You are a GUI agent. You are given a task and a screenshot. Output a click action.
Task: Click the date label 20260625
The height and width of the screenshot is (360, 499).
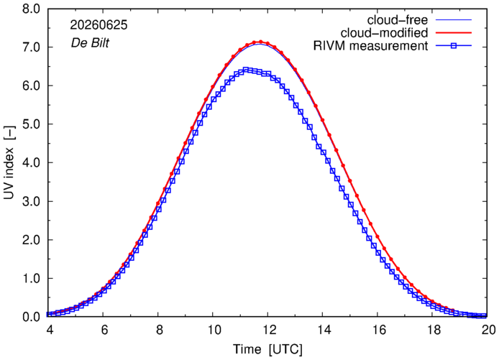99,25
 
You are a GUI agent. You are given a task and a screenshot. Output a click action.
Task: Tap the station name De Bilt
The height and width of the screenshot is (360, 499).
90,42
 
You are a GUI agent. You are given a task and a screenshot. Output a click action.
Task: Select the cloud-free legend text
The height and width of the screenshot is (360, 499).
398,20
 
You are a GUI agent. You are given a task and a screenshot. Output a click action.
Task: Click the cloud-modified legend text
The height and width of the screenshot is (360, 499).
384,33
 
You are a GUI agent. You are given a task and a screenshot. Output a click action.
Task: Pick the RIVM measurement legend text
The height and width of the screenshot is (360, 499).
371,46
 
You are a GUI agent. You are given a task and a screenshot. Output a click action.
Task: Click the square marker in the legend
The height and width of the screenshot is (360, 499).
454,46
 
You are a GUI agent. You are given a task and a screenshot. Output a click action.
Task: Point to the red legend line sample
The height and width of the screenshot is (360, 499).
454,33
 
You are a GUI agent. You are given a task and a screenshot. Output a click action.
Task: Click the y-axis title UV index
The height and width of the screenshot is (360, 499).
9,164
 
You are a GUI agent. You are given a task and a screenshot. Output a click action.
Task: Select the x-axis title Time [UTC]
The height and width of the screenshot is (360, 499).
268,349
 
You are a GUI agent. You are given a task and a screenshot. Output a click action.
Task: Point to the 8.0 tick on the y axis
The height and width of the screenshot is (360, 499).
31,9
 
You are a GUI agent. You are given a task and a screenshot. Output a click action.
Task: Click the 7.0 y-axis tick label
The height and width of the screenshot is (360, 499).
31,47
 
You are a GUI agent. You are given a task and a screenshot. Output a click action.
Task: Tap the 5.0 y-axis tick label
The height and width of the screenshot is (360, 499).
31,124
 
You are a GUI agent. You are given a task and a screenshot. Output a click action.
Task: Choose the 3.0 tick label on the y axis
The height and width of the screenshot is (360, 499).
31,202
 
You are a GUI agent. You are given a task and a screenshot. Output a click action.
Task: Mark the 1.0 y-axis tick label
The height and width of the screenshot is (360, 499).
31,279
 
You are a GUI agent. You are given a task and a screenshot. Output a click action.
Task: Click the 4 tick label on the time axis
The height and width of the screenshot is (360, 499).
50,330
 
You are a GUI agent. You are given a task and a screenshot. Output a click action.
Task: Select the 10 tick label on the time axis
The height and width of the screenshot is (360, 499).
214,330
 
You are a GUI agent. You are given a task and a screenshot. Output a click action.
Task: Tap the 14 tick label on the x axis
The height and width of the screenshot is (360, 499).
324,330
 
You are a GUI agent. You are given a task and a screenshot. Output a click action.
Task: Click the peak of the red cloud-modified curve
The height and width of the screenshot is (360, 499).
260,42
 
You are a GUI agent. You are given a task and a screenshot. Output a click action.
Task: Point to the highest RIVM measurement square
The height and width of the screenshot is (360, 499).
246,70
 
